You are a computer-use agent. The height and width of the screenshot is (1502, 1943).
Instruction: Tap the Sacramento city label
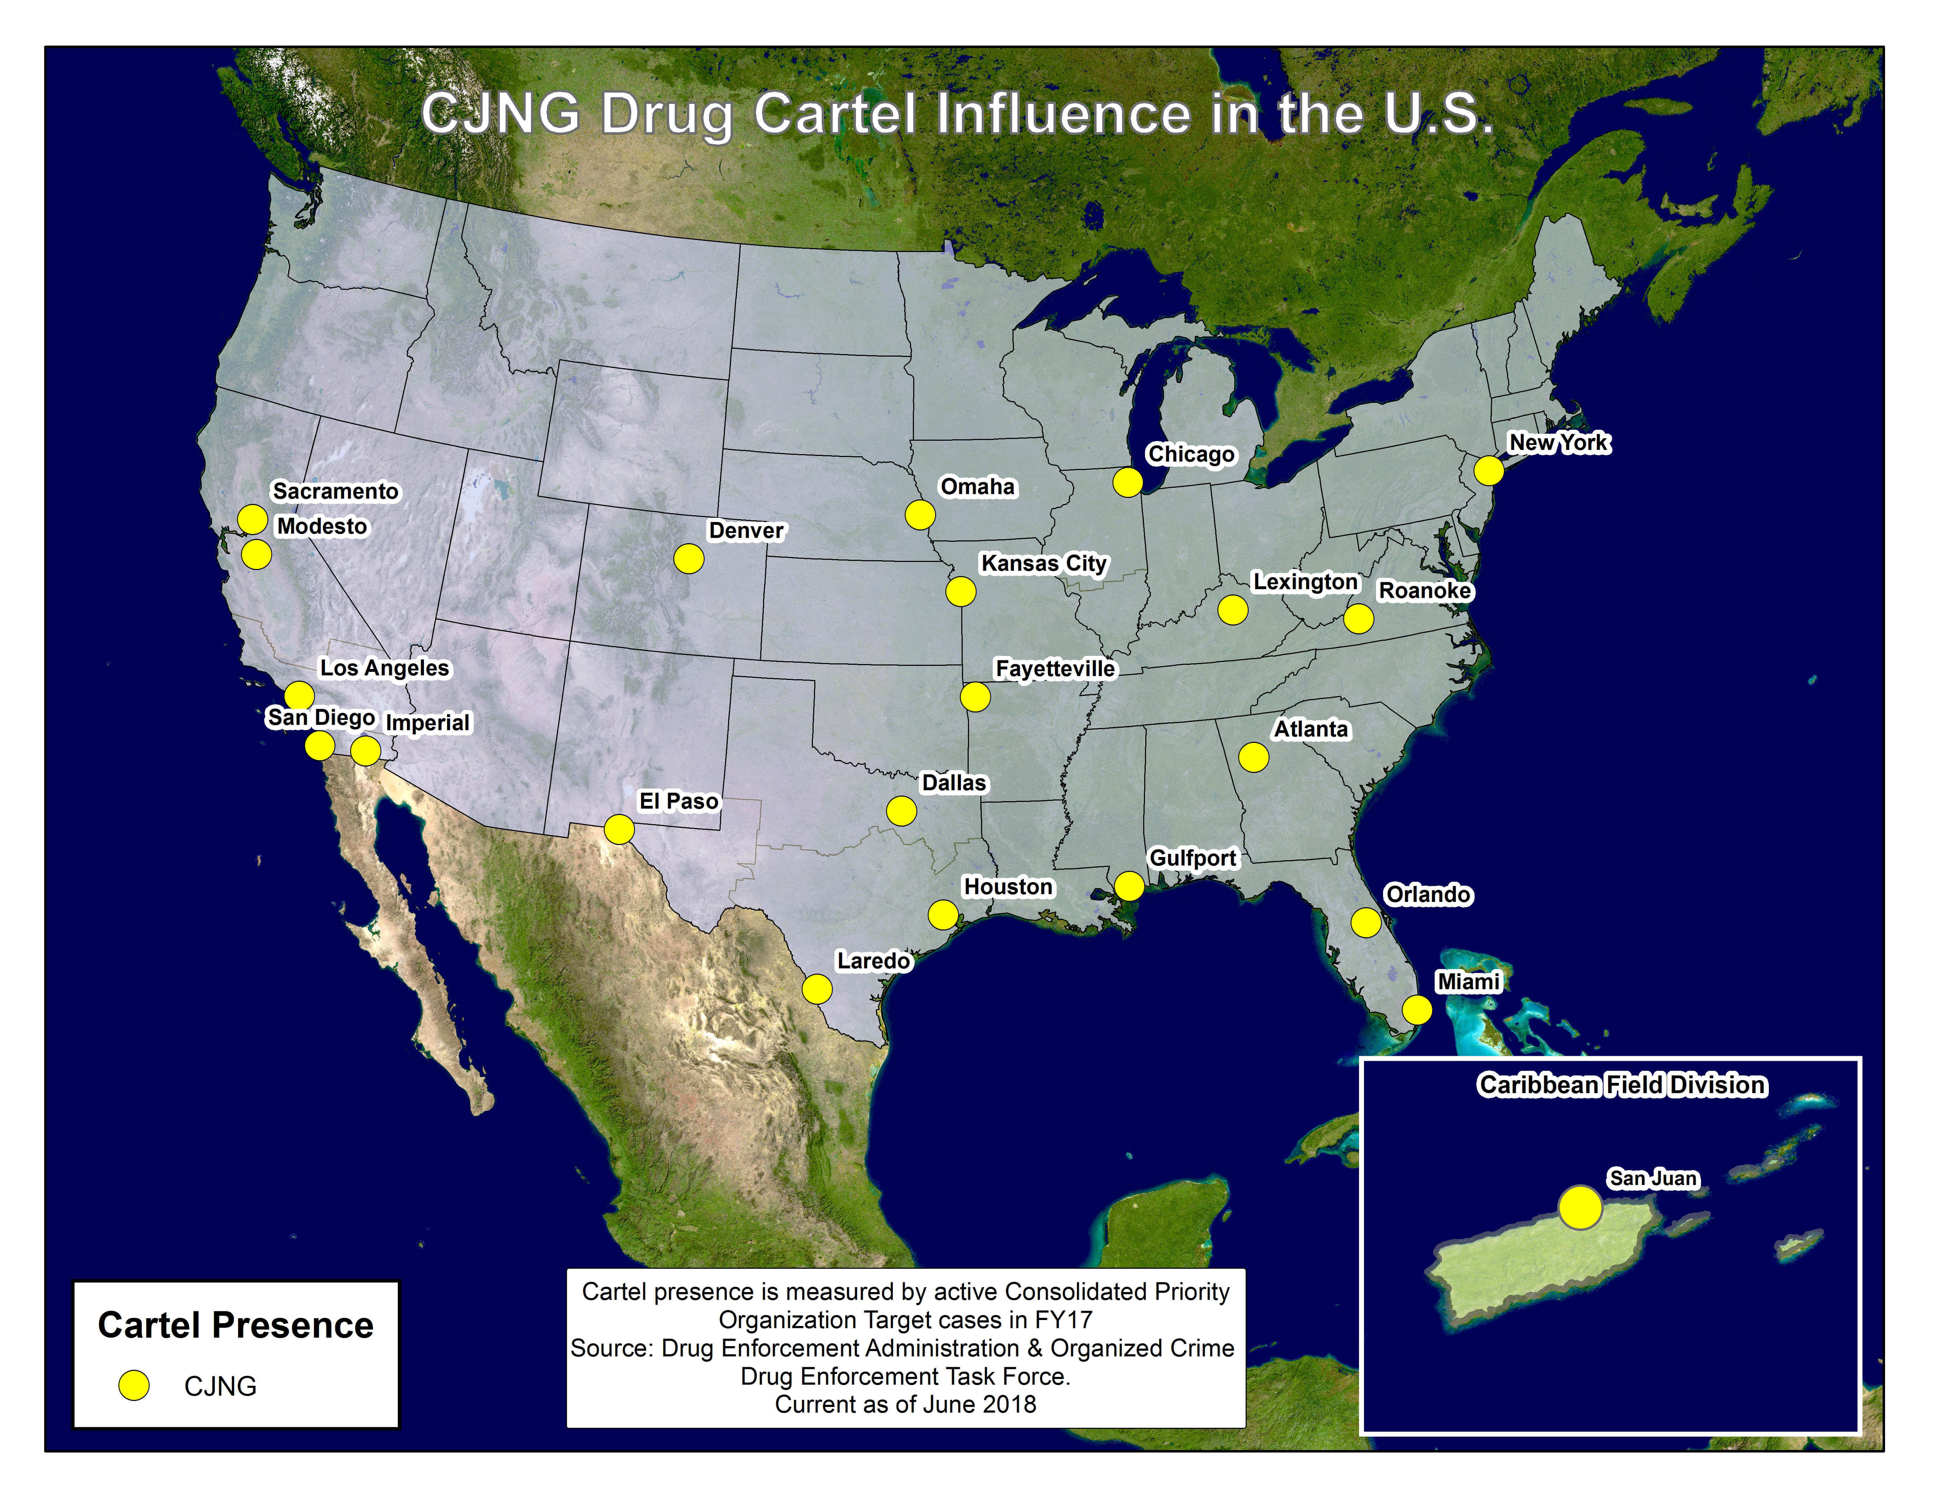tap(335, 491)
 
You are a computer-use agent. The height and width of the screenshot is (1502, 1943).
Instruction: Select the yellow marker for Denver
tap(689, 559)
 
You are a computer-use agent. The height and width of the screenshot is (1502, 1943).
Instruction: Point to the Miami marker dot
tap(1417, 1010)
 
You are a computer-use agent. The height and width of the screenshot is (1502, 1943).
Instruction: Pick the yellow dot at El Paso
tap(619, 829)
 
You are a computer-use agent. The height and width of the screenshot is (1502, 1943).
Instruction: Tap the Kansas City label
tap(1044, 563)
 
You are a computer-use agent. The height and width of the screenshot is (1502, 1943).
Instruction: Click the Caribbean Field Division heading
tap(1622, 1085)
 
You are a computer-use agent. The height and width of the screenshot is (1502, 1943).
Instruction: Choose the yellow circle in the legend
tap(134, 1385)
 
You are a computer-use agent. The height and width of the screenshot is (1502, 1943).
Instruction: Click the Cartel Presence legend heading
tap(236, 1325)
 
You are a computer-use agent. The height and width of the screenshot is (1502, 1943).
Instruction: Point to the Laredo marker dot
tap(817, 988)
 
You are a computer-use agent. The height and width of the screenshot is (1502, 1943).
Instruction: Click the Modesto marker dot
tap(256, 555)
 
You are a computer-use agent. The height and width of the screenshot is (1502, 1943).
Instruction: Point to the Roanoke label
tap(1424, 591)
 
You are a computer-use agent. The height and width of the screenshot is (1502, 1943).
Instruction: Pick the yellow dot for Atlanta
tap(1253, 757)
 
